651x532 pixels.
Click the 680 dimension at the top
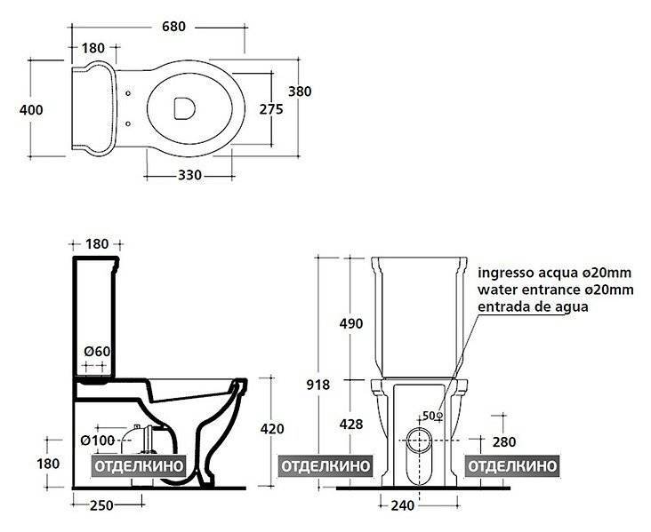(173, 27)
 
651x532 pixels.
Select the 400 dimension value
(31, 110)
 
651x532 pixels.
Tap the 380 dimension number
(300, 91)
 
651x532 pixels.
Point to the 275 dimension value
(271, 109)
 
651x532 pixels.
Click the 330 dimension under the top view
(189, 175)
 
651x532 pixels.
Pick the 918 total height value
(318, 385)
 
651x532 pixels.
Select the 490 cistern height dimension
(351, 323)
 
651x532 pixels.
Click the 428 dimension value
(351, 425)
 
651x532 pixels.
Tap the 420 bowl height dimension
(272, 428)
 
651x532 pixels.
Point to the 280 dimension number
(504, 442)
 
